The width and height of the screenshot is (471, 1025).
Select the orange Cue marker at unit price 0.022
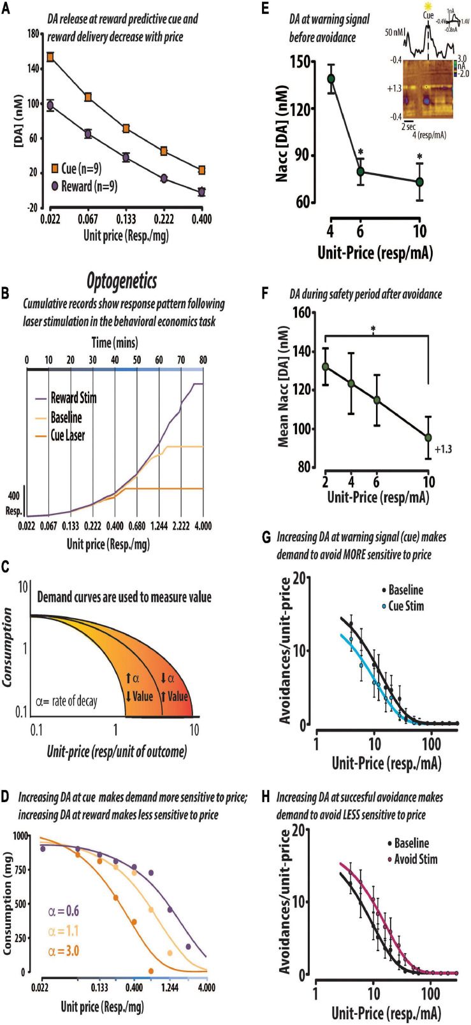coord(50,57)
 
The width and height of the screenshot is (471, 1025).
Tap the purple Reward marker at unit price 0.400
coord(202,191)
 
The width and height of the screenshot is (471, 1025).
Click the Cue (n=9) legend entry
coord(77,169)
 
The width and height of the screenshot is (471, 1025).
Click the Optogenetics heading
coord(121,281)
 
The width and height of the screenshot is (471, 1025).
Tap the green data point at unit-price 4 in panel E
coord(331,79)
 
